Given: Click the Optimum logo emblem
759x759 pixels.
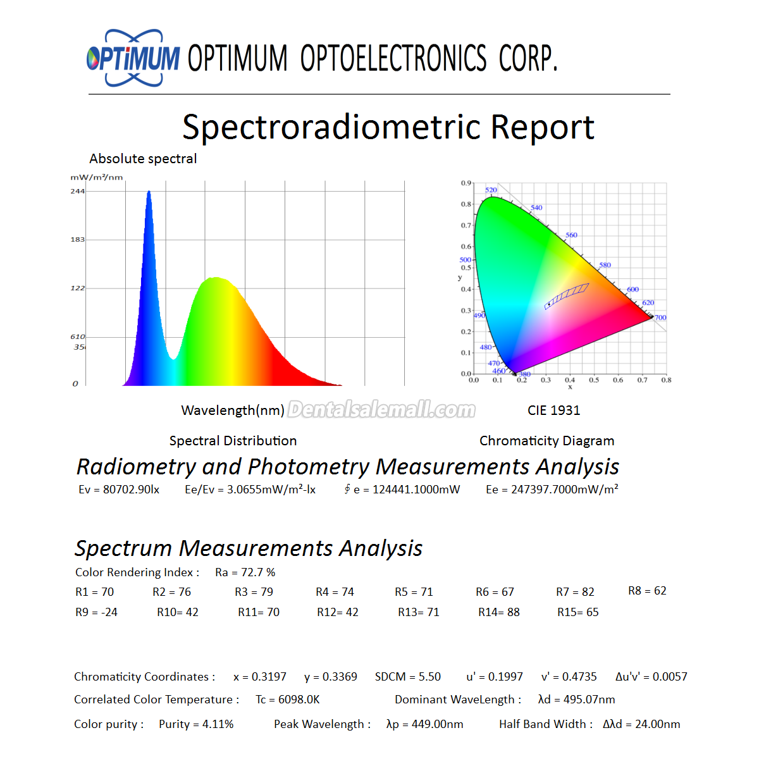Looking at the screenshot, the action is (133, 58).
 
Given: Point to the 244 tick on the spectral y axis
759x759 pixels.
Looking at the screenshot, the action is (78, 192).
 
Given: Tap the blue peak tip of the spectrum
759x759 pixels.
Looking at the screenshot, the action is (149, 192).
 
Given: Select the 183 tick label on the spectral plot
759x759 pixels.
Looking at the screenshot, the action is (78, 240).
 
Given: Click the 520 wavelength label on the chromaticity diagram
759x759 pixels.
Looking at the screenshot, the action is (491, 190).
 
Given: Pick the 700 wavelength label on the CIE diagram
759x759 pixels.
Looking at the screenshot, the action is (660, 318).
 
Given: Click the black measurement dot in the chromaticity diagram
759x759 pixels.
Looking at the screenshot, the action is (549, 304).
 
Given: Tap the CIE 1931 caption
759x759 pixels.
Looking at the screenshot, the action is (553, 410).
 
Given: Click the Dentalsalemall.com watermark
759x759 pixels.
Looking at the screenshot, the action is (381, 410).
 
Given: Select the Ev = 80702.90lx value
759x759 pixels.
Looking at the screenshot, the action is (119, 490).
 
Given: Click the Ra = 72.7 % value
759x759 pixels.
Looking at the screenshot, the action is (245, 572).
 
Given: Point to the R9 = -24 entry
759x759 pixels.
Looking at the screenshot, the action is (96, 612).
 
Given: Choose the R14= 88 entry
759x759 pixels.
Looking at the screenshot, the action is (498, 612).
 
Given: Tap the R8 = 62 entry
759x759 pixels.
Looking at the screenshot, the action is (647, 591).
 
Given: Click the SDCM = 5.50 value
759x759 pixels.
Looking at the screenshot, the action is (408, 677).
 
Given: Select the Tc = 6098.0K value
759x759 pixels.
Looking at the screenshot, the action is (288, 700).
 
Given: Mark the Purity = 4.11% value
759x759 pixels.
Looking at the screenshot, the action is (196, 724).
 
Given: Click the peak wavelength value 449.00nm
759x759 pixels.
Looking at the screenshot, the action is (437, 724).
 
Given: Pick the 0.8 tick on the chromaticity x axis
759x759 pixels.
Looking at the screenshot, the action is (666, 380).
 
